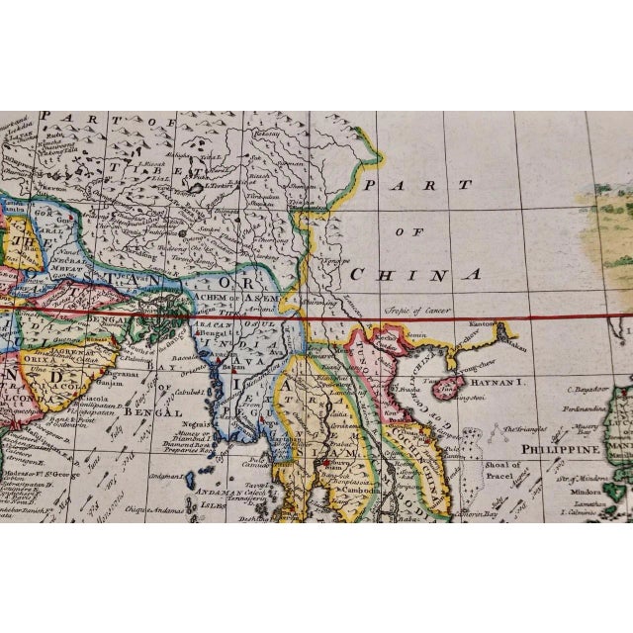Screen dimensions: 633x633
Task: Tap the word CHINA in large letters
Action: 415,274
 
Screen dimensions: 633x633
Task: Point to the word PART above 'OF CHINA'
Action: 408,185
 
